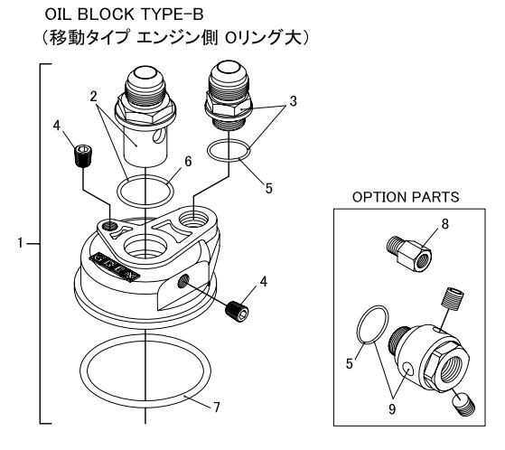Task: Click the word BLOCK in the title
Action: pyautogui.click(x=106, y=14)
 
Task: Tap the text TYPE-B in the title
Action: pyautogui.click(x=172, y=14)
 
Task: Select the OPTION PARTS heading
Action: pyautogui.click(x=406, y=197)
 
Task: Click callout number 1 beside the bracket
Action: pyautogui.click(x=21, y=242)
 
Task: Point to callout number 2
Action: pyautogui.click(x=94, y=96)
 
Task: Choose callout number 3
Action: pyautogui.click(x=293, y=101)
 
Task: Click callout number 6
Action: pyautogui.click(x=188, y=162)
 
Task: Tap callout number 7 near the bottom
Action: pyautogui.click(x=217, y=408)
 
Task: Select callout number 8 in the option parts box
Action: pyautogui.click(x=445, y=224)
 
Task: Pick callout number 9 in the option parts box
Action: pyautogui.click(x=392, y=409)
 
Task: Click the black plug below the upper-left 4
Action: pyautogui.click(x=83, y=156)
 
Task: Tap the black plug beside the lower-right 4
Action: pyautogui.click(x=238, y=312)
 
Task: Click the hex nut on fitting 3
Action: pyautogui.click(x=229, y=108)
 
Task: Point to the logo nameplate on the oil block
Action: pyautogui.click(x=115, y=267)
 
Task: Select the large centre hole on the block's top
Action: pyautogui.click(x=145, y=248)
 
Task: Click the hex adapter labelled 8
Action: pyautogui.click(x=408, y=254)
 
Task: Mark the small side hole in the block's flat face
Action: pyautogui.click(x=183, y=282)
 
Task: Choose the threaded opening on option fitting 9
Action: pyautogui.click(x=454, y=367)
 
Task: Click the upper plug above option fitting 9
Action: pyautogui.click(x=454, y=299)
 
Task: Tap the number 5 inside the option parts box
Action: pyautogui.click(x=350, y=363)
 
